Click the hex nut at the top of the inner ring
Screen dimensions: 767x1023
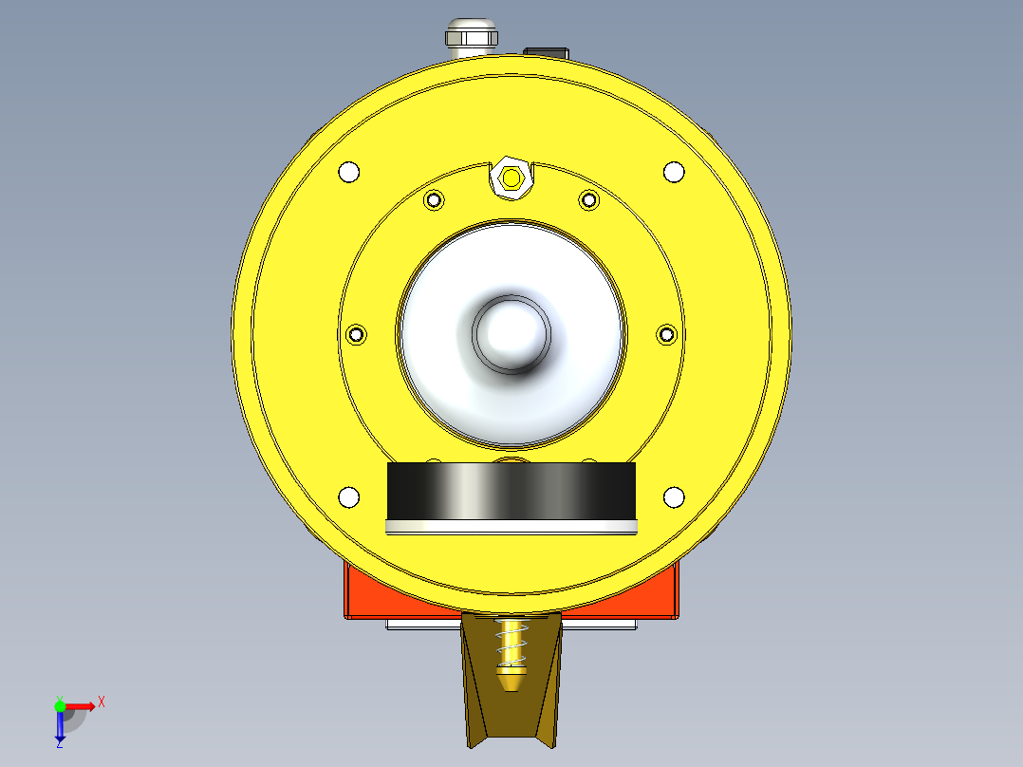(512, 178)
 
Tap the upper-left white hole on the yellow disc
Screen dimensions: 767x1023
(349, 172)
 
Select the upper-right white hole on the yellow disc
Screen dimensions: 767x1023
(673, 172)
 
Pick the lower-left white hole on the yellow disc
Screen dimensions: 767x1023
(349, 496)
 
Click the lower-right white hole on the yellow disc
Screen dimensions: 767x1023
(673, 496)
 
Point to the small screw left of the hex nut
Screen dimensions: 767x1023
(435, 200)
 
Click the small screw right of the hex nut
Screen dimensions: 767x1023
(588, 200)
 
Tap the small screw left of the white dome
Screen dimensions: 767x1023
(357, 334)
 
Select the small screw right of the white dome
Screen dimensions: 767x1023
(667, 334)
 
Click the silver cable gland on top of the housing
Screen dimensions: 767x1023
(472, 37)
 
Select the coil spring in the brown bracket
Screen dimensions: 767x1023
(512, 642)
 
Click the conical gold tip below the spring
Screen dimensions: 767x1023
(512, 678)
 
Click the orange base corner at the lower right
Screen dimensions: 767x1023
(664, 598)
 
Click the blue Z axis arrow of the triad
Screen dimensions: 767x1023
(60, 729)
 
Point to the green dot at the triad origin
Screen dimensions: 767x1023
(60, 705)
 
